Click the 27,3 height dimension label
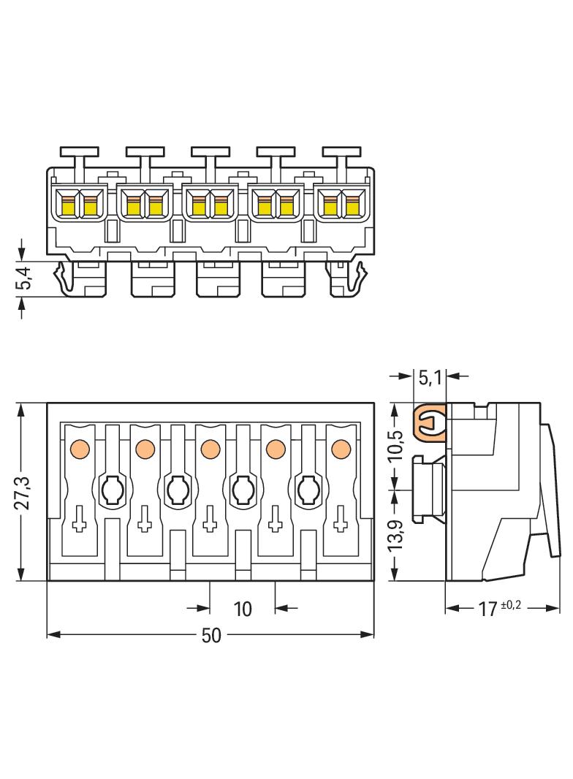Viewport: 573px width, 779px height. coord(22,493)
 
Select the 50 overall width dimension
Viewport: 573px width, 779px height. coord(211,636)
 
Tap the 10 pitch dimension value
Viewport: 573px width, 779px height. coord(243,609)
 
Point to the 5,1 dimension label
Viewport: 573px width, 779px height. coord(430,379)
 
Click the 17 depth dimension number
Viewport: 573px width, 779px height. coord(487,609)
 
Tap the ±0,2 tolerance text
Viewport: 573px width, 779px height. coord(512,605)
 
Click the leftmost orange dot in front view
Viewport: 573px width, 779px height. coord(80,449)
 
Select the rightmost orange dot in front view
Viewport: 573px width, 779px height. coord(341,449)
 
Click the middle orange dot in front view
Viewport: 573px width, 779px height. coord(210,449)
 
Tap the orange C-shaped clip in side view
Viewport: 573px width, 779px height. coord(428,423)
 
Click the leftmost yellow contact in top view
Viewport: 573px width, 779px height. coord(68,205)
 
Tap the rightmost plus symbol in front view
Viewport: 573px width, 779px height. coord(341,519)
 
